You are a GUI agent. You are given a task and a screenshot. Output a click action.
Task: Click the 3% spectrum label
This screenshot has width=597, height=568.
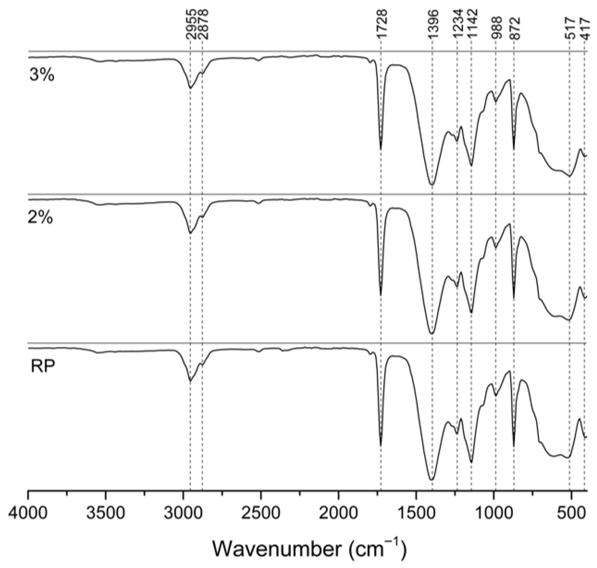42,74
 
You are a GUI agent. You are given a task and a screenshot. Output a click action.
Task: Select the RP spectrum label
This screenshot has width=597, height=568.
43,366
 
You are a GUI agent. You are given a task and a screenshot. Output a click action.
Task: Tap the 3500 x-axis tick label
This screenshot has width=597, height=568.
105,514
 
